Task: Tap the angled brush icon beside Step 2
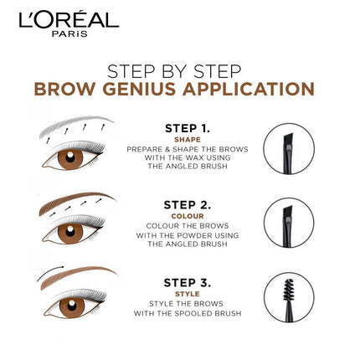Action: coord(288,222)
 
